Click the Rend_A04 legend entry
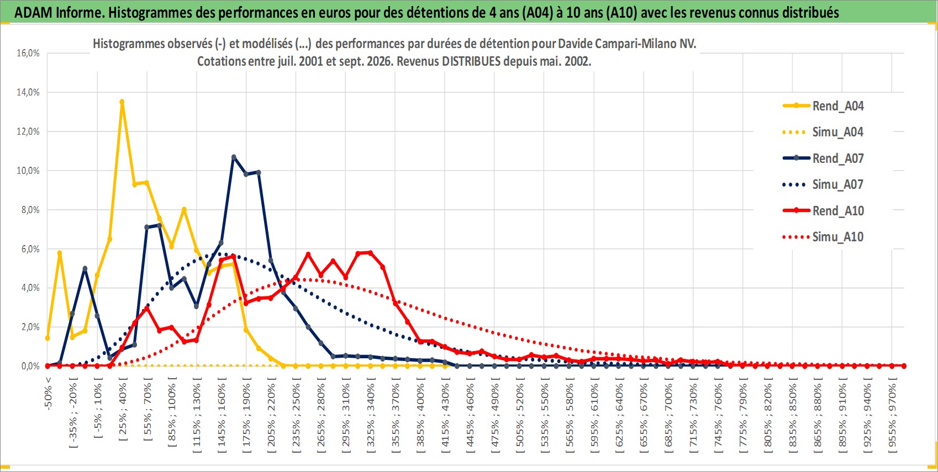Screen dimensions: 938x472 pyautogui.click(x=823, y=106)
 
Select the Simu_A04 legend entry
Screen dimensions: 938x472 pyautogui.click(x=823, y=132)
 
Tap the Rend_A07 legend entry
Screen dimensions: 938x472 pyautogui.click(x=823, y=158)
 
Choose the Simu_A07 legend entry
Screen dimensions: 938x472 pyautogui.click(x=823, y=184)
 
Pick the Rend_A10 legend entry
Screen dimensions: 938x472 pyautogui.click(x=823, y=210)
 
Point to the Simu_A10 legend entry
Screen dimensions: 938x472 pyautogui.click(x=823, y=237)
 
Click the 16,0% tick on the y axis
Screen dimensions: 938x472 pyautogui.click(x=28, y=53)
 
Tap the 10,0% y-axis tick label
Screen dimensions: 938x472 pyautogui.click(x=28, y=171)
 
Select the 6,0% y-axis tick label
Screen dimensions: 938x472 pyautogui.click(x=30, y=249)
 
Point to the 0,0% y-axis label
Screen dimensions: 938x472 pyautogui.click(x=30, y=366)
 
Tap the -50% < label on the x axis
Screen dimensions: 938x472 pyautogui.click(x=48, y=393)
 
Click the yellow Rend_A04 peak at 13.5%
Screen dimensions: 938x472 pyautogui.click(x=122, y=102)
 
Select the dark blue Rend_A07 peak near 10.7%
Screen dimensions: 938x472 pyautogui.click(x=234, y=157)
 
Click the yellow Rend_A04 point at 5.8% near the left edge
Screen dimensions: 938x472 pyautogui.click(x=60, y=253)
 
